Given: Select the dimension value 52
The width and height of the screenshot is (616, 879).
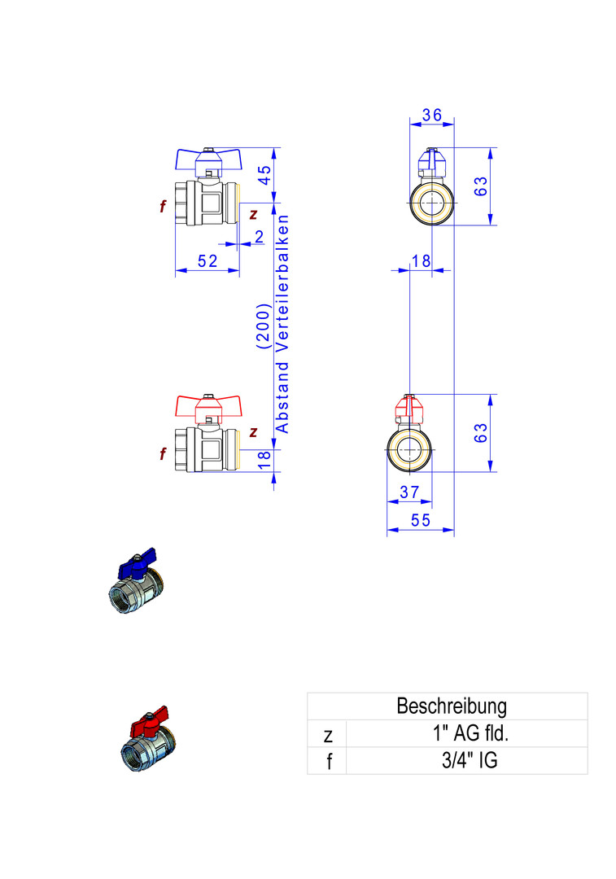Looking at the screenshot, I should (x=208, y=260).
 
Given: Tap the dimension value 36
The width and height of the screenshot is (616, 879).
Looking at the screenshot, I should (x=431, y=116).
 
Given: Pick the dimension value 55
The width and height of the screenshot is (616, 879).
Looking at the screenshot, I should (x=420, y=521).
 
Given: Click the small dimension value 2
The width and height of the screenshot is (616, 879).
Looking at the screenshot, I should (x=259, y=237).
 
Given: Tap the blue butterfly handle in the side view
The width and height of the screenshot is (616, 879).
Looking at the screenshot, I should (x=209, y=158).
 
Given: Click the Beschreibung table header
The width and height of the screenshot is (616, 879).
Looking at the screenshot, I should (x=451, y=706).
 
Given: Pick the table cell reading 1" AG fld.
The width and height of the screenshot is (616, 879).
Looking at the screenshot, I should (x=470, y=733).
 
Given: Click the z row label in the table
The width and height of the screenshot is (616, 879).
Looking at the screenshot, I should (x=327, y=734).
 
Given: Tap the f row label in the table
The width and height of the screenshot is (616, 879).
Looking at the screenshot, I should (x=327, y=762).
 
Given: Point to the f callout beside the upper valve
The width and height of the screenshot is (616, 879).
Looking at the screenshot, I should (x=163, y=207).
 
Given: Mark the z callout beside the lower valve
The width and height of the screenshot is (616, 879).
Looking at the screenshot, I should (x=254, y=431).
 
